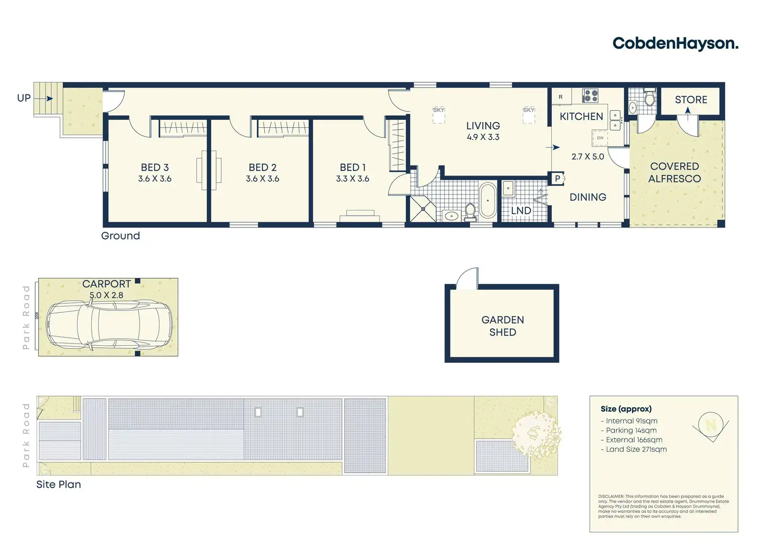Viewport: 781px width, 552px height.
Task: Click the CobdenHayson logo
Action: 675,43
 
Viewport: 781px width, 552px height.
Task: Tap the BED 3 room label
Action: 154,168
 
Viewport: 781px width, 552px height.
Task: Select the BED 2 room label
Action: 263,168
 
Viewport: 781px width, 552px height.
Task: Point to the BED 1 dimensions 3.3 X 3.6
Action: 352,179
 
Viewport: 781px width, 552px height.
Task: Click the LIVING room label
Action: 483,126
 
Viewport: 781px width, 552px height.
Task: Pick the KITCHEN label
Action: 581,117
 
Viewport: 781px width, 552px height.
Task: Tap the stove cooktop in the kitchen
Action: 590,96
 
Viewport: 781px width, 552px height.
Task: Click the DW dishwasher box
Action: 600,138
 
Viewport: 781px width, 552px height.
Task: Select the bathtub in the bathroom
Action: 487,200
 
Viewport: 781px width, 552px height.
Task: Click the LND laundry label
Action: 521,211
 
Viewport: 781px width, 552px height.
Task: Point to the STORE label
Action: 691,100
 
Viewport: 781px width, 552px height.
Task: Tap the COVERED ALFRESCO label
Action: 674,172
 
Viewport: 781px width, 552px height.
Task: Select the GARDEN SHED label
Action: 502,326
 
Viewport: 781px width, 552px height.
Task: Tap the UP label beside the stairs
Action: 24,98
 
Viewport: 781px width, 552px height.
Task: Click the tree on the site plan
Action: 536,434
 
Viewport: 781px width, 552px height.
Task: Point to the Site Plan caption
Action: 58,484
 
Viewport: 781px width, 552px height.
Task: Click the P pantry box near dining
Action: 558,179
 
